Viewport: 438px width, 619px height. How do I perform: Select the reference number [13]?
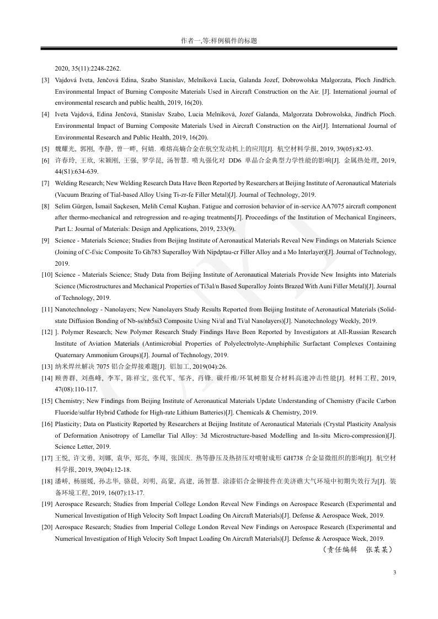[47, 367]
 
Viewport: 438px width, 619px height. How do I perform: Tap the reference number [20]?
[47, 527]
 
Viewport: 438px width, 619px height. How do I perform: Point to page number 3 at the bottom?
[394, 573]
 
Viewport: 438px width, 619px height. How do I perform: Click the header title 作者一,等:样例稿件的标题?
[219, 41]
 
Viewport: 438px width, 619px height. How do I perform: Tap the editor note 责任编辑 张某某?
[357, 549]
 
